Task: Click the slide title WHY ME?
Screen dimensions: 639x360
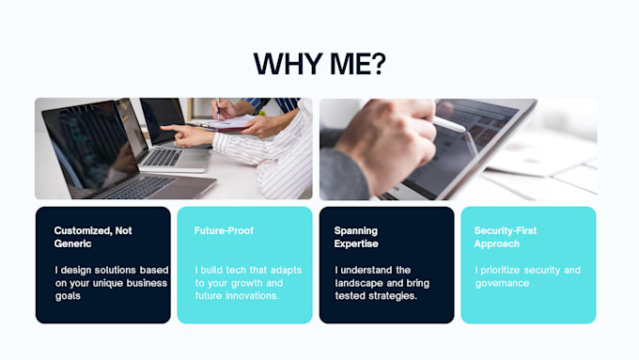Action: click(319, 64)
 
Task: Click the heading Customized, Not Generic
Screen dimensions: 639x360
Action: click(93, 237)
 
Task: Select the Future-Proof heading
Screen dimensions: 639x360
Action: click(224, 231)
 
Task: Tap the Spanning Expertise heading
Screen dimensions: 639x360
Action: click(356, 237)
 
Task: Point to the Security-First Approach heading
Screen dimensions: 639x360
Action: click(506, 237)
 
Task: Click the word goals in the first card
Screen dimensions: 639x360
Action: click(68, 296)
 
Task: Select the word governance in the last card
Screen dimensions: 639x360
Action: click(502, 283)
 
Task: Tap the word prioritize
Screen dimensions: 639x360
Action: click(500, 271)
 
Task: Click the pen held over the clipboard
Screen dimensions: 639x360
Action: click(218, 108)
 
